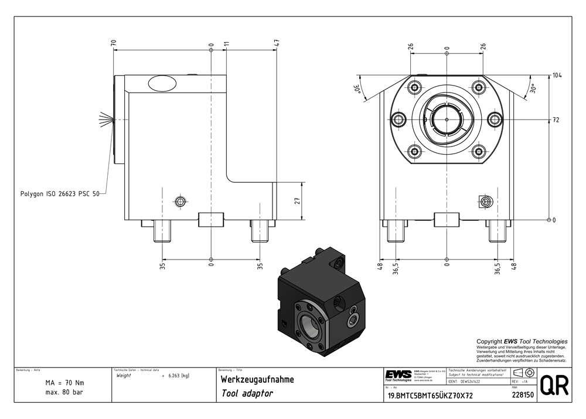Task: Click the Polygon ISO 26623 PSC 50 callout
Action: [x=59, y=192]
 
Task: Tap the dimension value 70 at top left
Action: [x=113, y=43]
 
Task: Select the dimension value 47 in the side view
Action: [x=276, y=43]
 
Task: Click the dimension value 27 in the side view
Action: [x=297, y=200]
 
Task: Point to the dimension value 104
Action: [x=557, y=76]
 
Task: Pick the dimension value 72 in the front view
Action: [x=556, y=120]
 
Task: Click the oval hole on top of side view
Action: [x=161, y=84]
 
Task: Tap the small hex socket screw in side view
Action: [x=180, y=202]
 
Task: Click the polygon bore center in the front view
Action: [x=447, y=120]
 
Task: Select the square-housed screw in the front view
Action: [x=485, y=202]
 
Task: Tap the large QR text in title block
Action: [x=553, y=386]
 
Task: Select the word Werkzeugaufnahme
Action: [x=257, y=380]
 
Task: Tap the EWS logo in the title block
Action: [x=398, y=374]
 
